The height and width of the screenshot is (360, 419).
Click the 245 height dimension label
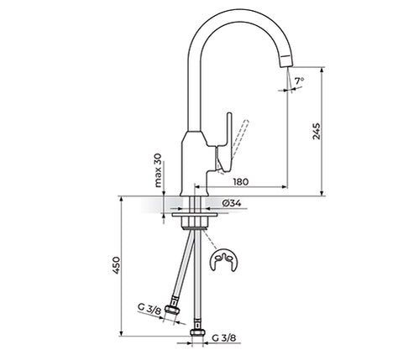(315, 132)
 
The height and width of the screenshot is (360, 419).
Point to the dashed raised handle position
(238, 143)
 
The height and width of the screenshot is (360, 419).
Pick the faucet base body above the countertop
(195, 164)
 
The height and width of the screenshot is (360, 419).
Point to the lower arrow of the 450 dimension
(122, 338)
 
